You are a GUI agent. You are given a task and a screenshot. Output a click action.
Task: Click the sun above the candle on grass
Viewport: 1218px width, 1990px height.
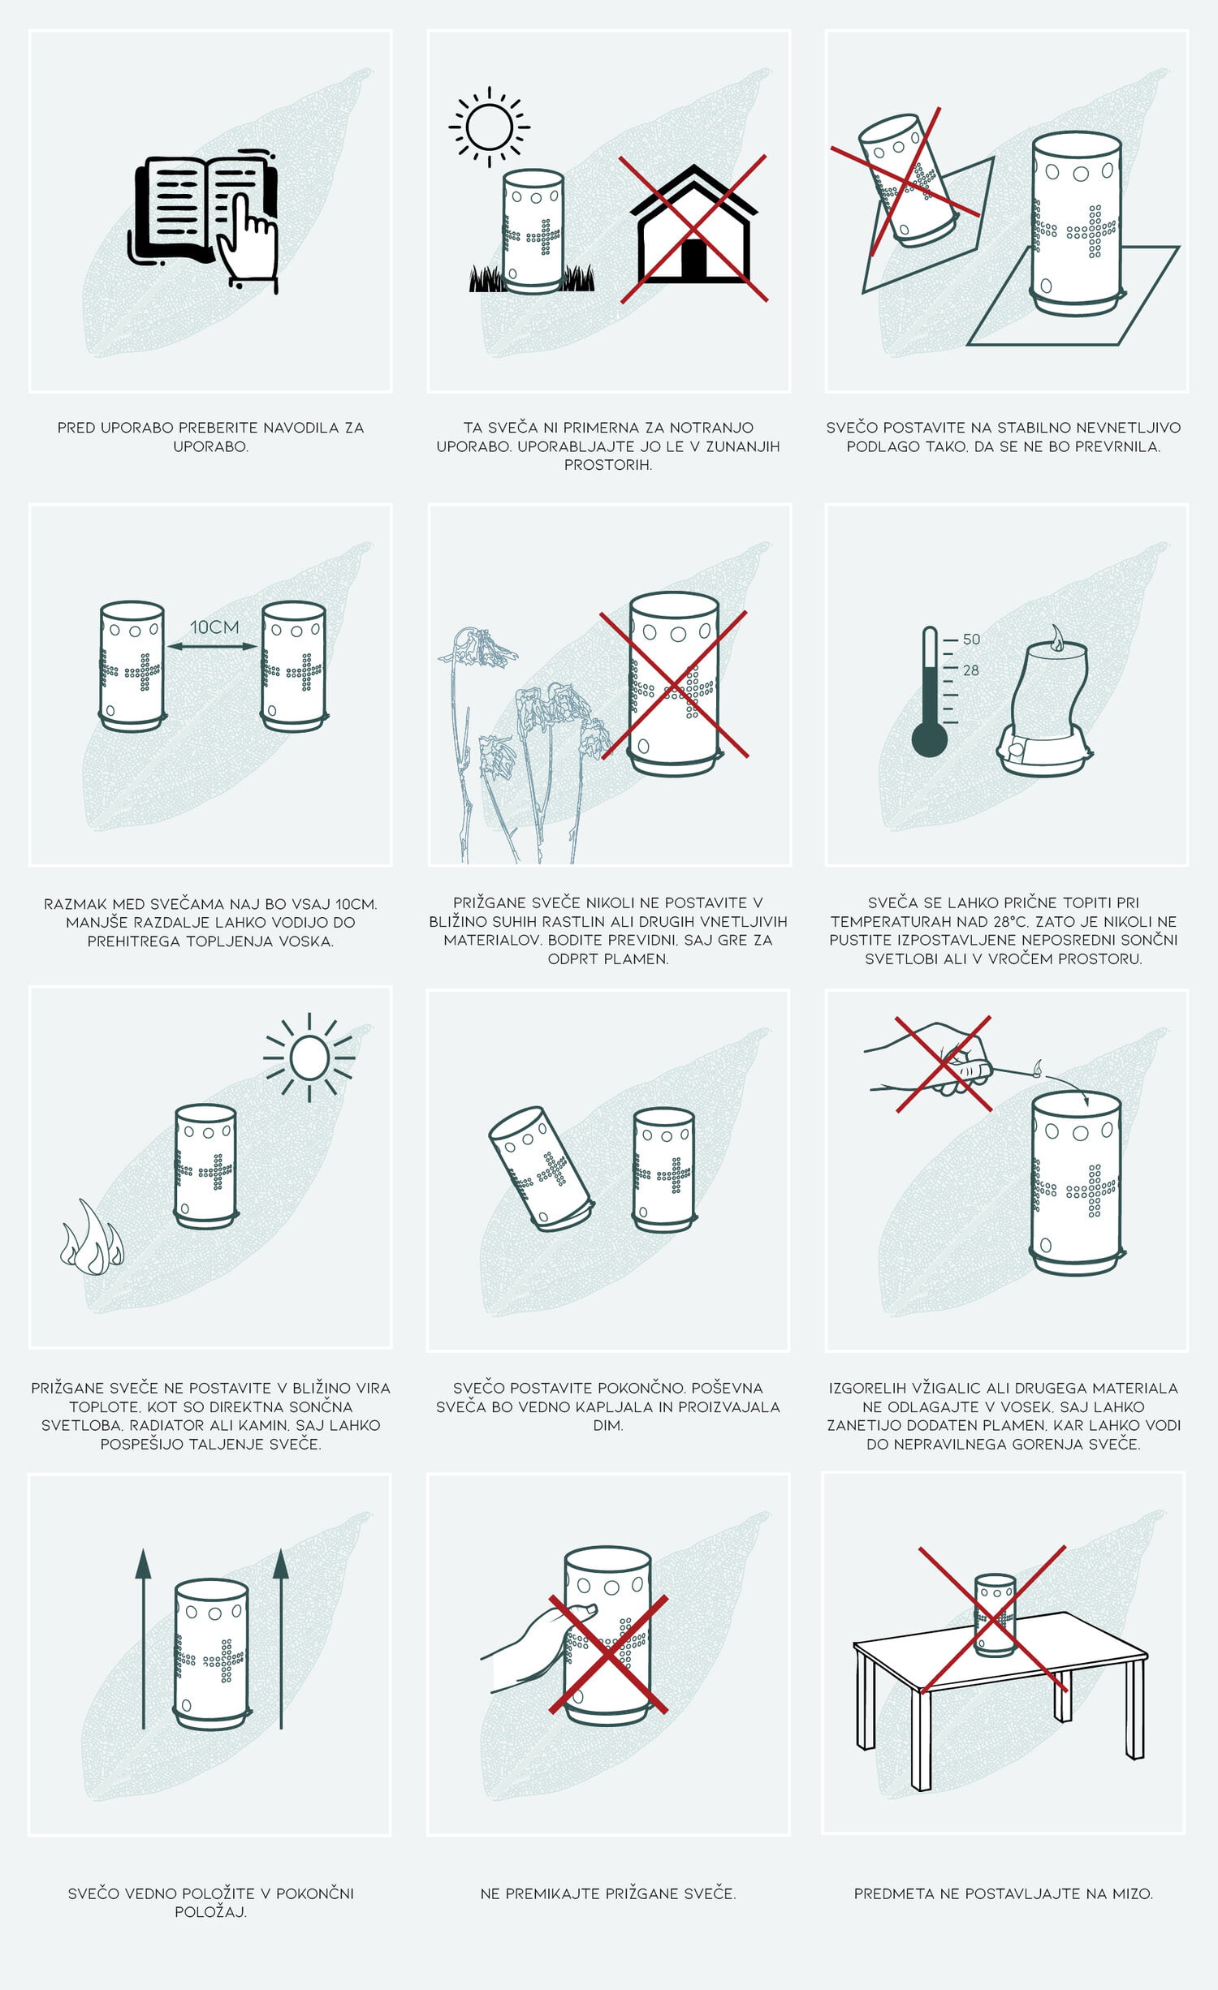tap(489, 127)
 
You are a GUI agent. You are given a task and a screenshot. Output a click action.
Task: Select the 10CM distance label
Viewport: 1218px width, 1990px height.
tap(214, 627)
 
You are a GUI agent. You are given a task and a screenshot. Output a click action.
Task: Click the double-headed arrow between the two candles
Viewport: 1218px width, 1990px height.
tap(213, 646)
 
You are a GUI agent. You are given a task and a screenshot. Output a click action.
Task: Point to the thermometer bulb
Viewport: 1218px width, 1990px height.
tap(929, 739)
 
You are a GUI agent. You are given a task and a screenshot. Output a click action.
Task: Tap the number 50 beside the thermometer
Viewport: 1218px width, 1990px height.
tap(971, 640)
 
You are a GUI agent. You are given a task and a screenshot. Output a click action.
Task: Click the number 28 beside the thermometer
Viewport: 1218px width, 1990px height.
tap(971, 670)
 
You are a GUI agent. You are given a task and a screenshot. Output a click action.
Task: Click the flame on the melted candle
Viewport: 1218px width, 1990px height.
tap(1056, 638)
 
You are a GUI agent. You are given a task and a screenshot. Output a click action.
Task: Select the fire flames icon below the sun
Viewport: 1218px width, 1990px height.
tap(92, 1238)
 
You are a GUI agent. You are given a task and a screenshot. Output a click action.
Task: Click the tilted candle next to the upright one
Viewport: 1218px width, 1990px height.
tap(540, 1169)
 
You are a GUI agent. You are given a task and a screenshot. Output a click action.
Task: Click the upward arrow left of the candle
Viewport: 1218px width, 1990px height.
tap(143, 1639)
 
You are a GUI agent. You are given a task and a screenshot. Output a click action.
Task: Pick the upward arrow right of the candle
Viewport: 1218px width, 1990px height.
tap(281, 1639)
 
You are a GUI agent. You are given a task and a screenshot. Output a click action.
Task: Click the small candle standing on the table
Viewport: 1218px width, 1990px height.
tap(995, 1615)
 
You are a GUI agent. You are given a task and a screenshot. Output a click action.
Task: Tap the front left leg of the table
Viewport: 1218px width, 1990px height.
tap(921, 1739)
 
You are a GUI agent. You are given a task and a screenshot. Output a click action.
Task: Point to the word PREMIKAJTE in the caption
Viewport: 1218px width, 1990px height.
tap(556, 1893)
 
